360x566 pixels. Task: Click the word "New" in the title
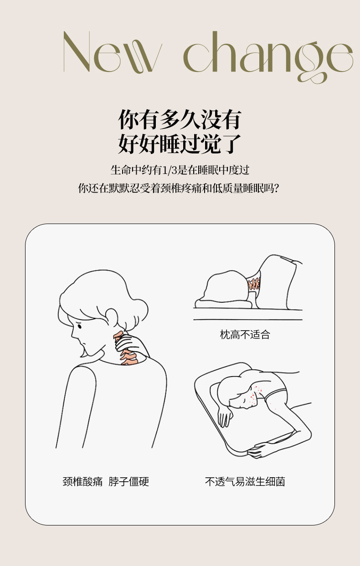113,52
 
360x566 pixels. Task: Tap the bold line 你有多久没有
180,119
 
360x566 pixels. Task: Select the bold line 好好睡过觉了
180,144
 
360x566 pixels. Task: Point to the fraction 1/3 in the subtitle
170,170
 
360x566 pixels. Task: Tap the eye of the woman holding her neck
80,326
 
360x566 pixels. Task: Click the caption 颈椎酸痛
82,482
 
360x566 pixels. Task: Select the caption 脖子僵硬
129,482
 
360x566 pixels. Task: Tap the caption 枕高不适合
245,335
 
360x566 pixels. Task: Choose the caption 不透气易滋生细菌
245,482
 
